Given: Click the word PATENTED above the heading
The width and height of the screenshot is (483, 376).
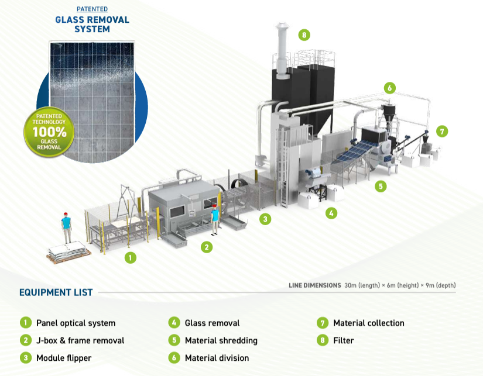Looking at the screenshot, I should [x=93, y=9].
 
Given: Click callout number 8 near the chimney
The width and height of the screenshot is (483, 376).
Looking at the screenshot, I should [x=303, y=35].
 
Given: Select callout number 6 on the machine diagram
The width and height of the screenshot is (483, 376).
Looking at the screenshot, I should [x=389, y=88].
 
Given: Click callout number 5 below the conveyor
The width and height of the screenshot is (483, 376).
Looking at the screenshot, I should [x=381, y=186].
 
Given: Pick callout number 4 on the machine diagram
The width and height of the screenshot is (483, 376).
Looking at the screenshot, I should [x=331, y=213].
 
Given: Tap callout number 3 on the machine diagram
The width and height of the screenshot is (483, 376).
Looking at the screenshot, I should [x=265, y=219].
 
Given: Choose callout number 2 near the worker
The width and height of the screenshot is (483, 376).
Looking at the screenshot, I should [x=206, y=247].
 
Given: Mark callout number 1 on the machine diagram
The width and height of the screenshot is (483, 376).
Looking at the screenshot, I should [x=131, y=257].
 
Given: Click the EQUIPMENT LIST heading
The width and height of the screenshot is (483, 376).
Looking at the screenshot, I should [x=56, y=292].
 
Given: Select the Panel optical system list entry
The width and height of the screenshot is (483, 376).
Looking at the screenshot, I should [x=76, y=323].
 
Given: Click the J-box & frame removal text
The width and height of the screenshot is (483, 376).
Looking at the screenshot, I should [x=80, y=340].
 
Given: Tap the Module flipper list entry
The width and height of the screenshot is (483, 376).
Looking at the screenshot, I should [x=64, y=358].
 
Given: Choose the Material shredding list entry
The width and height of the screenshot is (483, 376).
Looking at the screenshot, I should [x=221, y=340].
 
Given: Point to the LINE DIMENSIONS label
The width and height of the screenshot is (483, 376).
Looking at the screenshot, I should [x=315, y=285].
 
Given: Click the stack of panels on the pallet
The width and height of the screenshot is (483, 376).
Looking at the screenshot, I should [x=68, y=252].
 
